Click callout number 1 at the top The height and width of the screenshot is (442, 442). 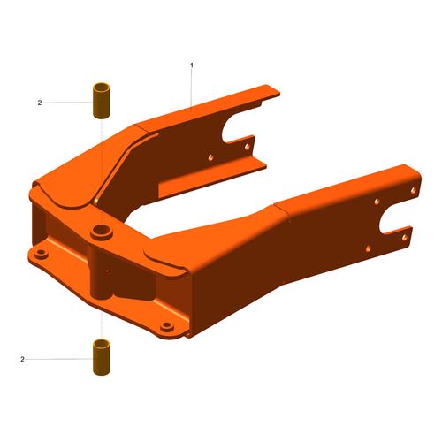point(192,65)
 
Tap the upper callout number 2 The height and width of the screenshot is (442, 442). point(40,103)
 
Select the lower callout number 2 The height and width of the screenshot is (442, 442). point(23,359)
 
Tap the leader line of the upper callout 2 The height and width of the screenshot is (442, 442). point(66,103)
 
